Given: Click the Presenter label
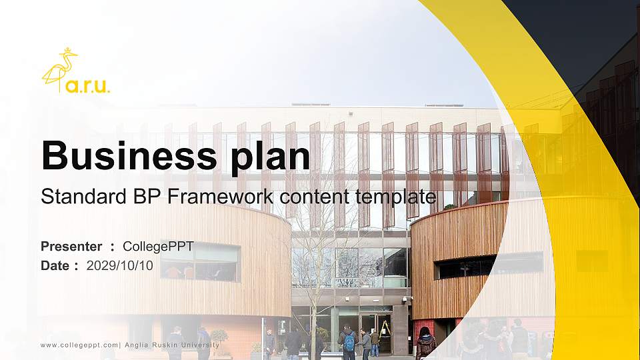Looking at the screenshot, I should click(x=71, y=247).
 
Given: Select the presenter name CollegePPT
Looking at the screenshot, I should click(x=158, y=247).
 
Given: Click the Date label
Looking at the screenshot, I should click(x=55, y=265).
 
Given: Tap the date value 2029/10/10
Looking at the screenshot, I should click(x=120, y=265).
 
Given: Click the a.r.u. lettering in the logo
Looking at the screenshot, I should click(x=88, y=86).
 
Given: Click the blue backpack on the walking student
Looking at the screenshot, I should click(x=349, y=343).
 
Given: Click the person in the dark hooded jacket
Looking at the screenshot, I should click(x=425, y=343).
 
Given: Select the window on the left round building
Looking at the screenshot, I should click(x=200, y=261).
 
